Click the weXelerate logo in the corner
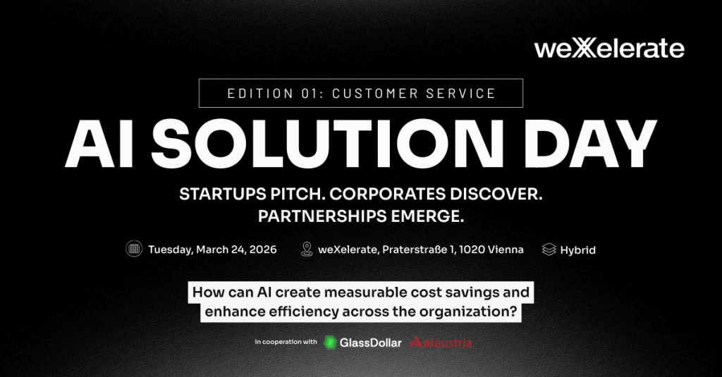(609, 49)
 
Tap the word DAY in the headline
(590, 144)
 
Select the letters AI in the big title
(100, 144)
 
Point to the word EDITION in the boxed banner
(260, 94)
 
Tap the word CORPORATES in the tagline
(387, 194)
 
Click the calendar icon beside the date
(134, 249)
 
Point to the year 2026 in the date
(263, 249)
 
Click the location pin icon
(307, 249)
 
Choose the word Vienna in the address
(506, 249)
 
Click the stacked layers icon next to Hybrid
(549, 249)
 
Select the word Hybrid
(578, 250)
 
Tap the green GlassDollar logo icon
(330, 342)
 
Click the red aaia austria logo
(441, 342)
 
